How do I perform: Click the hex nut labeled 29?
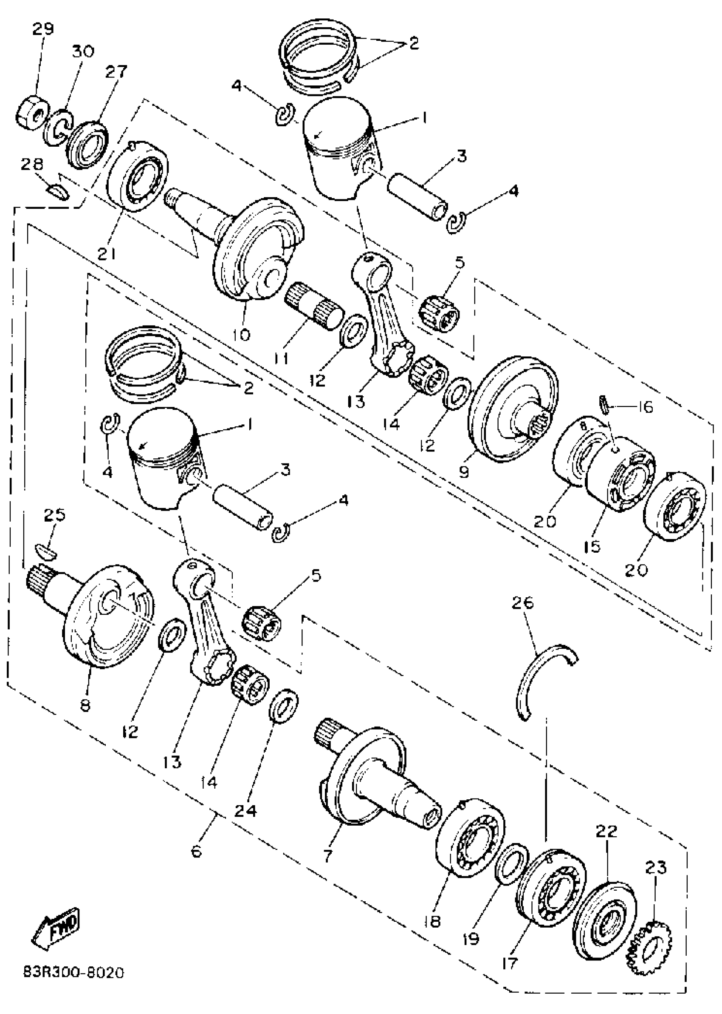[31, 111]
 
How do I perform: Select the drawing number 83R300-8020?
[73, 973]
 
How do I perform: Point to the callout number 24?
[245, 811]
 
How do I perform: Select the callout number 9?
[464, 471]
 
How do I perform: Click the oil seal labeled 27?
[87, 142]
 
